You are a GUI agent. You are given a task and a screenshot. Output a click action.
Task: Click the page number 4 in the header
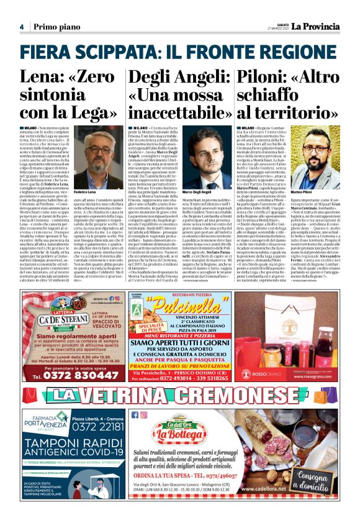pyautogui.click(x=21, y=27)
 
